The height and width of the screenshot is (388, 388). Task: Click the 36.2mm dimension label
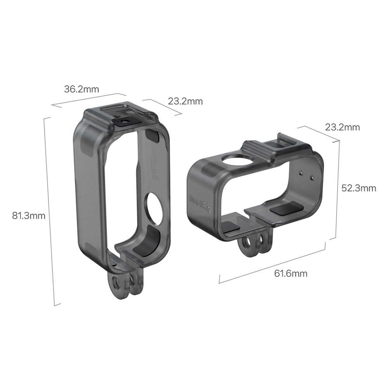click(81, 89)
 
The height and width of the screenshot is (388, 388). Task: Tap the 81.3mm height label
click(29, 216)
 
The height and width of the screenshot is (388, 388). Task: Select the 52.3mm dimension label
click(359, 188)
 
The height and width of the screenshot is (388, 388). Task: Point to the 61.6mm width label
click(291, 274)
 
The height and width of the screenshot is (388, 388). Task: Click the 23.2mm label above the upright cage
click(185, 101)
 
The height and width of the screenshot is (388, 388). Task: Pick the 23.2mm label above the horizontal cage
click(342, 127)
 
